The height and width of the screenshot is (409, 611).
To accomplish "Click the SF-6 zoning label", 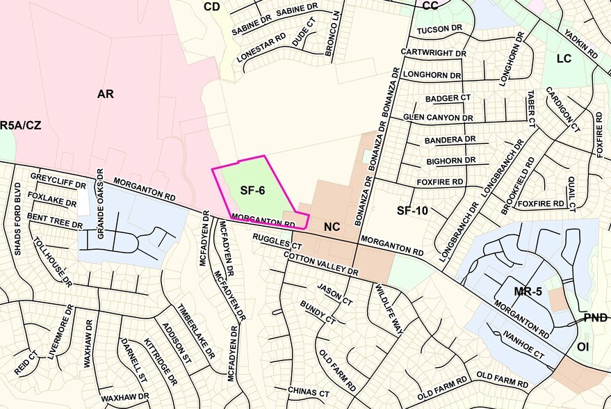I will (253, 190).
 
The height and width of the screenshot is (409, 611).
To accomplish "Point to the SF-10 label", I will (411, 210).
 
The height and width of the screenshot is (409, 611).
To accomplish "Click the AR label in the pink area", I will (105, 93).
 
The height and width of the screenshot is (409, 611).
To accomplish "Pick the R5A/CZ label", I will (16, 125).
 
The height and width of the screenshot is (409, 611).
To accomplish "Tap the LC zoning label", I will (564, 58).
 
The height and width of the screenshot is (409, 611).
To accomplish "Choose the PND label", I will (595, 317).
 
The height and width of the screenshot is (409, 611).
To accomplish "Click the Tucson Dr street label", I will (440, 29).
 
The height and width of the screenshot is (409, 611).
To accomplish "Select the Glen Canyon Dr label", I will (438, 118).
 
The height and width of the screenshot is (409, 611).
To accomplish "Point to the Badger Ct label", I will (448, 98).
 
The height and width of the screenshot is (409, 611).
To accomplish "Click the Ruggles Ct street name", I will (277, 241).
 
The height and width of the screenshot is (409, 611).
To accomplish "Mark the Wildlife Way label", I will (389, 309).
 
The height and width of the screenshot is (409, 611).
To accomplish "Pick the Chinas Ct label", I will (308, 392).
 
